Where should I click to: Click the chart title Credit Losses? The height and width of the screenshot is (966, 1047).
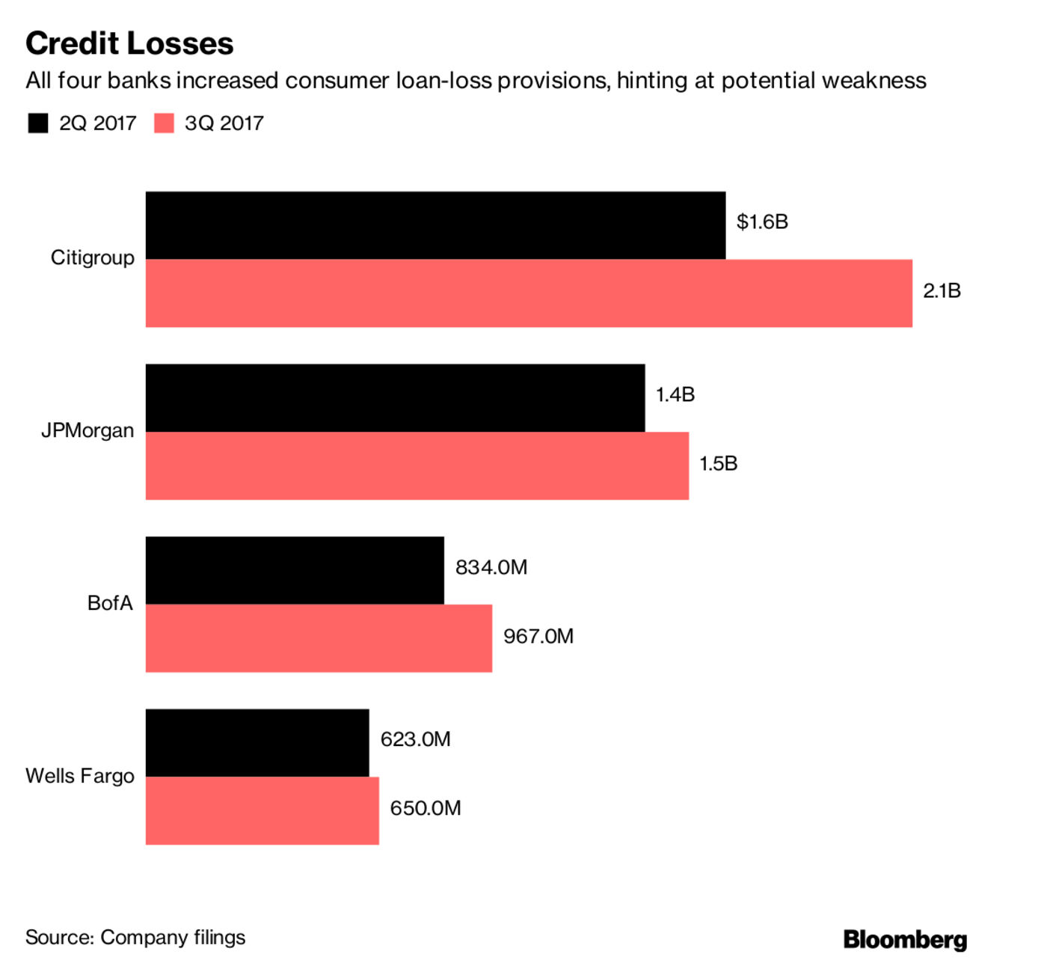pyautogui.click(x=129, y=43)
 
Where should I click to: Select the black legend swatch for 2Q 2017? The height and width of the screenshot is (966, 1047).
pyautogui.click(x=38, y=123)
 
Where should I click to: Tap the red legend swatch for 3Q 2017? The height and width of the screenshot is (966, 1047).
pyautogui.click(x=164, y=123)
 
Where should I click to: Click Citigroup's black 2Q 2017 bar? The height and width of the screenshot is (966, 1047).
pyautogui.click(x=435, y=225)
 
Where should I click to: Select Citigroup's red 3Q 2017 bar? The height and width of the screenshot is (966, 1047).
pyautogui.click(x=529, y=293)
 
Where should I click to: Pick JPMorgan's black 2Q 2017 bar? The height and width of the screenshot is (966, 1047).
pyautogui.click(x=395, y=398)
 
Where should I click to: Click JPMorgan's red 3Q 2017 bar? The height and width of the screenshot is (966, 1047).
pyautogui.click(x=417, y=465)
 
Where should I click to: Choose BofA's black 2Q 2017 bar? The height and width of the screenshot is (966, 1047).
pyautogui.click(x=295, y=570)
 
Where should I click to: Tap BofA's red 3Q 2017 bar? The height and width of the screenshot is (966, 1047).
pyautogui.click(x=319, y=638)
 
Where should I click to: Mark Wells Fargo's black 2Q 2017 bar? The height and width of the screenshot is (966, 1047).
pyautogui.click(x=257, y=743)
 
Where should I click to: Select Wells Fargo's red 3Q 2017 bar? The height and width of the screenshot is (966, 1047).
pyautogui.click(x=262, y=811)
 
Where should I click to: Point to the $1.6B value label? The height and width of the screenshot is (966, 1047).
pyautogui.click(x=762, y=222)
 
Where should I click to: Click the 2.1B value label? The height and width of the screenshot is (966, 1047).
pyautogui.click(x=942, y=291)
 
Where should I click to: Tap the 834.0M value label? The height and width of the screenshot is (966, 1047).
pyautogui.click(x=491, y=567)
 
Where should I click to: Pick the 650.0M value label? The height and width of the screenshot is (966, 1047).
pyautogui.click(x=426, y=808)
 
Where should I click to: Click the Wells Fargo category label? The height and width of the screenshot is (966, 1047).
pyautogui.click(x=80, y=776)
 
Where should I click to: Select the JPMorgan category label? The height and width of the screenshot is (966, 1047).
pyautogui.click(x=87, y=431)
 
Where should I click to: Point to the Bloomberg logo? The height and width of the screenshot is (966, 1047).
pyautogui.click(x=905, y=939)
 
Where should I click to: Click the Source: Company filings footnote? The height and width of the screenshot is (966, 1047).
pyautogui.click(x=135, y=938)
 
